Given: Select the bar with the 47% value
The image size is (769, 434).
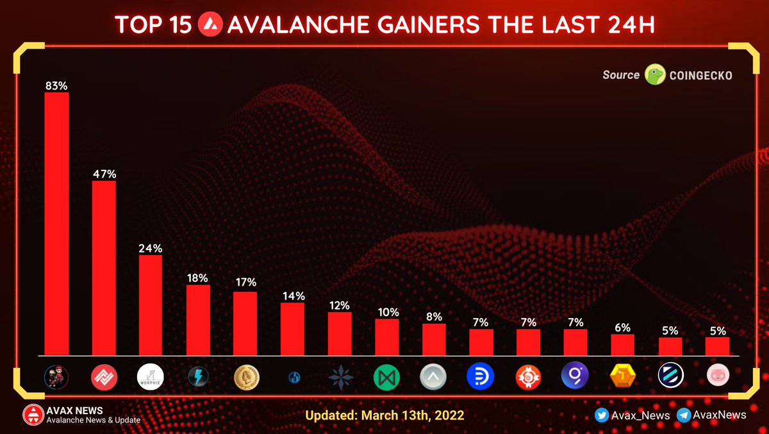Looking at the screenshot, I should click(x=104, y=267).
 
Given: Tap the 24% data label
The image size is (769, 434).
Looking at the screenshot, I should click(x=151, y=248).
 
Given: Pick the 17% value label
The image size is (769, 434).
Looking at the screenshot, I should click(x=245, y=282).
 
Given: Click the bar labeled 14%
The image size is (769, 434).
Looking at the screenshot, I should click(x=292, y=328).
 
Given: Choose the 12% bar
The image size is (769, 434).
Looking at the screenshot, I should click(x=340, y=333).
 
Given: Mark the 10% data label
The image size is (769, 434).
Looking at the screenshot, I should click(x=387, y=312).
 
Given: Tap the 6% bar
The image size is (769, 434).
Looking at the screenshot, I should click(x=622, y=344).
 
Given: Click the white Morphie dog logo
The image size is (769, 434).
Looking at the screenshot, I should click(x=151, y=377).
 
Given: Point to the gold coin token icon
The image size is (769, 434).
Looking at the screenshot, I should click(x=245, y=377).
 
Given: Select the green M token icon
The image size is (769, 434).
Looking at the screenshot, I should click(x=387, y=377).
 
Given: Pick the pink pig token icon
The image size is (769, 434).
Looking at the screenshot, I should click(x=717, y=377).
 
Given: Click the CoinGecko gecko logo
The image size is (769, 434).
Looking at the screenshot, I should click(x=655, y=75).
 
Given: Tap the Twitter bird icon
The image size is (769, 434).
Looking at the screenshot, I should click(x=601, y=415).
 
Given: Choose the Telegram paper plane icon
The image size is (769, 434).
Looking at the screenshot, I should click(x=683, y=415).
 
